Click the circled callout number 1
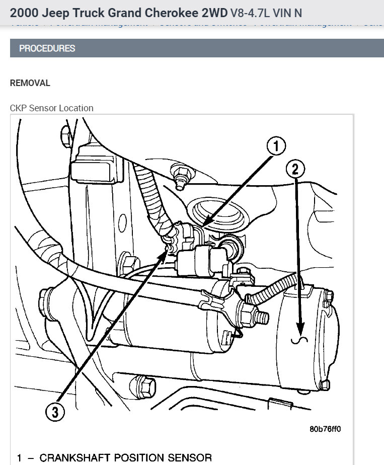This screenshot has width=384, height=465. click(x=275, y=146)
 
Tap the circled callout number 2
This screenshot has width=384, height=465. click(x=295, y=169)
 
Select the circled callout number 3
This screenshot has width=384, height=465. click(x=55, y=412)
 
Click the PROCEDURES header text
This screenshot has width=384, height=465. click(x=47, y=48)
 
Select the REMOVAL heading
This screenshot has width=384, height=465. click(x=30, y=83)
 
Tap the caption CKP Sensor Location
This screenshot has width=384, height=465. click(x=51, y=108)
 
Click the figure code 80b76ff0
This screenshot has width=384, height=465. click(x=325, y=429)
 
